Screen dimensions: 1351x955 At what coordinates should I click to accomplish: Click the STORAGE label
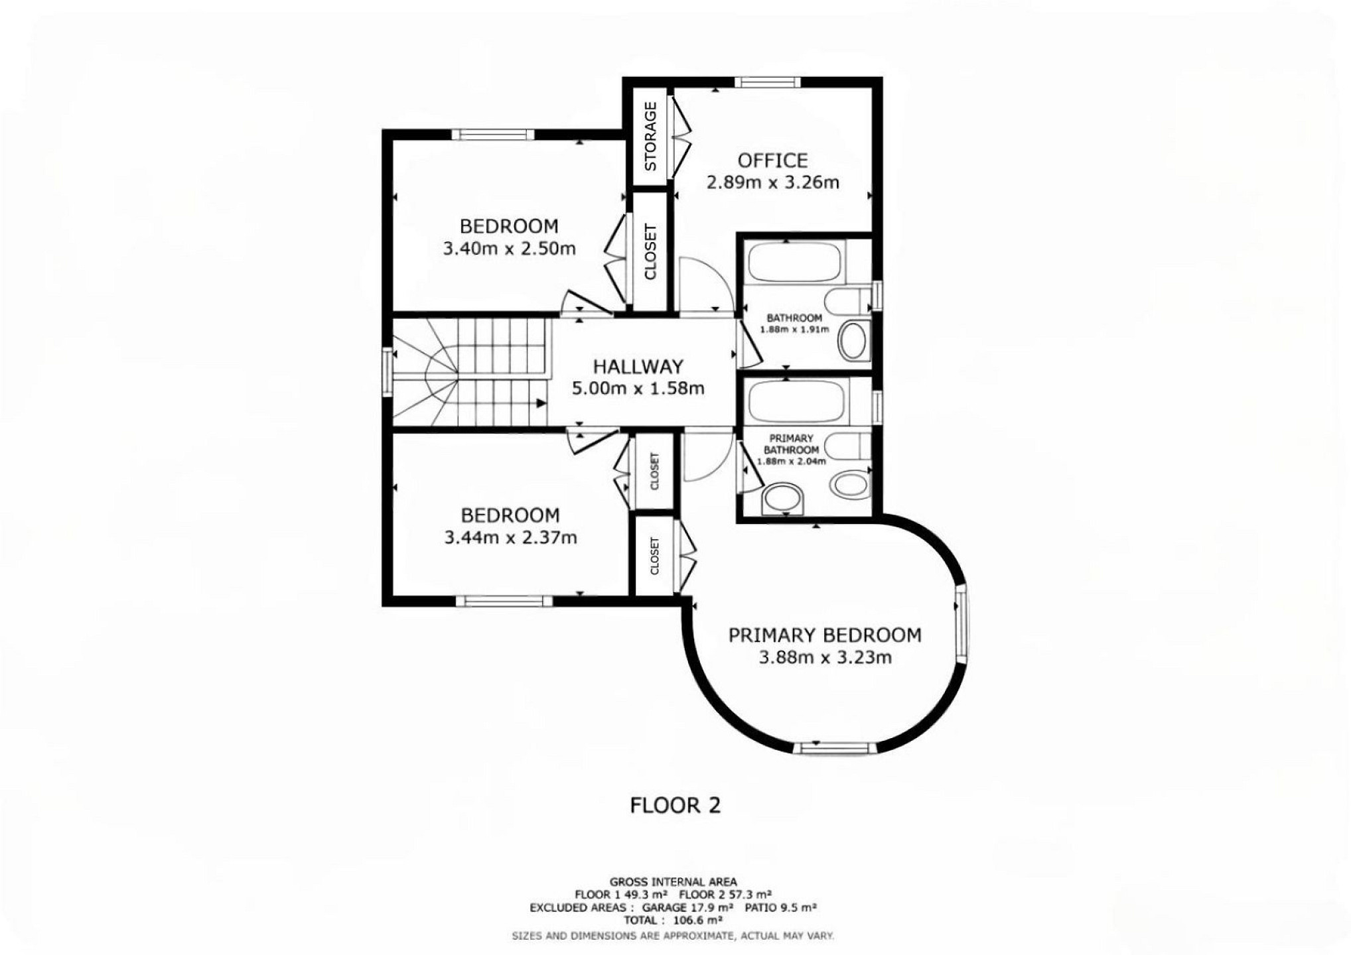(650, 136)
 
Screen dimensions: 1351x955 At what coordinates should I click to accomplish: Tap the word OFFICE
(773, 160)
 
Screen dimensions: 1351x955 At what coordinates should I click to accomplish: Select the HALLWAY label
(638, 367)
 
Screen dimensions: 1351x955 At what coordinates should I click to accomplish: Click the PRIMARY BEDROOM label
(825, 635)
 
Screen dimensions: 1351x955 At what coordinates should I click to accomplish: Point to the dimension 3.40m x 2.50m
(509, 249)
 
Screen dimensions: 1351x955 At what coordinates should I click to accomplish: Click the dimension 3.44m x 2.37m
(510, 537)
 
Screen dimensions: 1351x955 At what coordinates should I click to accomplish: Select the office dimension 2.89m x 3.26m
(773, 182)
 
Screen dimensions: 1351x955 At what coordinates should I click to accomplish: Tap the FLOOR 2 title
(675, 805)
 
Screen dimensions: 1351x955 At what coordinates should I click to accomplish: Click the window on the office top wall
(767, 82)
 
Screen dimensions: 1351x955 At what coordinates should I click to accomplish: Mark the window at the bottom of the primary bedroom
(835, 748)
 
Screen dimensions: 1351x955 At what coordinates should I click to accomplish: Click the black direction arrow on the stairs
(541, 403)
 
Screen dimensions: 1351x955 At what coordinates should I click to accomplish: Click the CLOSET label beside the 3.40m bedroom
(650, 251)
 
